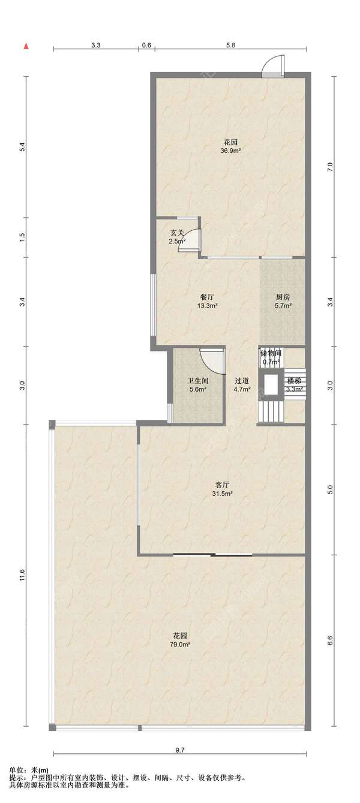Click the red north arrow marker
(26, 46)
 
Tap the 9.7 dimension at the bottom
(180, 750)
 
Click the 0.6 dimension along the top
(146, 45)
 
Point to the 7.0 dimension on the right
(331, 167)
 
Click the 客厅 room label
(223, 485)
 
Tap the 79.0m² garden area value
(180, 644)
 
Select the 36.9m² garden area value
(230, 151)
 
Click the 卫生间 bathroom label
(198, 381)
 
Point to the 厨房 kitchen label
(283, 297)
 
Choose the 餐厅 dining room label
(207, 297)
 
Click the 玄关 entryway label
(177, 233)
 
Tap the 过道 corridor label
(242, 381)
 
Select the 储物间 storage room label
(271, 353)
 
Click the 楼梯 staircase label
(293, 381)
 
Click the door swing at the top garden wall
(273, 65)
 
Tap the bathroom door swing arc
(212, 360)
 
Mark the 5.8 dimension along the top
(231, 45)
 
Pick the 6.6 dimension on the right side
(331, 640)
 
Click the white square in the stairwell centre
(271, 384)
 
